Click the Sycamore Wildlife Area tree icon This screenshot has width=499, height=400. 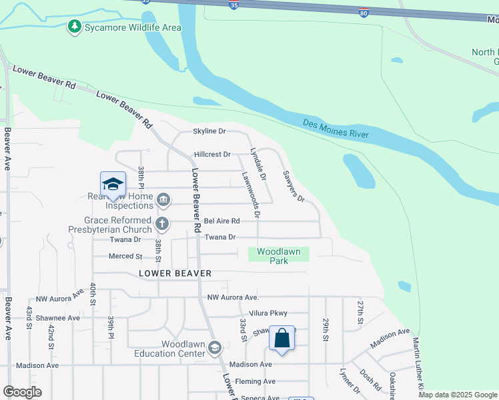click(x=74, y=27)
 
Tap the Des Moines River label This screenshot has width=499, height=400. click(x=336, y=128)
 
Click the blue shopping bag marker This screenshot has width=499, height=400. click(x=282, y=339)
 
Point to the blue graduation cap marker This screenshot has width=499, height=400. click(x=113, y=185)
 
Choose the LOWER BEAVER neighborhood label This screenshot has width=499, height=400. click(x=175, y=273)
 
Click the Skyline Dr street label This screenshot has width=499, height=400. click(x=209, y=131)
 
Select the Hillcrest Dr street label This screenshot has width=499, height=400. click(x=212, y=154)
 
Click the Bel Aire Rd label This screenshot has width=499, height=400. click(x=221, y=221)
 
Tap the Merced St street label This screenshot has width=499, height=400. click(x=126, y=256)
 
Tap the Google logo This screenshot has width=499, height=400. click(x=22, y=392)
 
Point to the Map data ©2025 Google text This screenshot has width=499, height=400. click(x=458, y=395)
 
